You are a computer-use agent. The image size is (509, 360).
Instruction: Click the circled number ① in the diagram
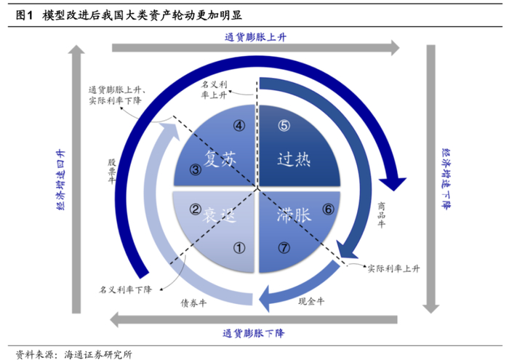tap(239, 247)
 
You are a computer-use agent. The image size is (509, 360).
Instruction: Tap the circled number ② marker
tap(195, 209)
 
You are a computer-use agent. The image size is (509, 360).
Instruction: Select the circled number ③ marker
tap(196, 171)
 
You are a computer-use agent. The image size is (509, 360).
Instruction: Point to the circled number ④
tap(239, 125)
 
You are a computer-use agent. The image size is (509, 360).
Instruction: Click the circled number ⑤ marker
tap(284, 125)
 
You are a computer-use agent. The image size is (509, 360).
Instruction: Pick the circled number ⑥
tap(329, 209)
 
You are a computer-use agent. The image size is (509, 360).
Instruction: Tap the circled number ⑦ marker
tap(284, 247)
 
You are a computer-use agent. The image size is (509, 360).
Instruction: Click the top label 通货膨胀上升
tap(255, 36)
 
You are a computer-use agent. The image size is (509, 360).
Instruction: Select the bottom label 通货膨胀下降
tap(255, 334)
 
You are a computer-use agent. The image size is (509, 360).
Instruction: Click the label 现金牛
tap(311, 300)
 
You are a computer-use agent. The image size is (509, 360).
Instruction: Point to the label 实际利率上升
tap(393, 268)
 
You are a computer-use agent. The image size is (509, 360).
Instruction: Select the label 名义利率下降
tap(125, 289)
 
